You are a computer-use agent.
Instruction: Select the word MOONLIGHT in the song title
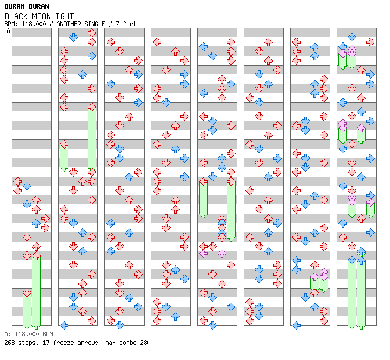click(x=52, y=16)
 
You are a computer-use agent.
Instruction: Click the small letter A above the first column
click(x=9, y=31)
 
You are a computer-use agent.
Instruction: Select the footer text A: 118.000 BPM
click(x=28, y=334)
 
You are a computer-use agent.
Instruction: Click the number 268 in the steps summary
click(x=10, y=343)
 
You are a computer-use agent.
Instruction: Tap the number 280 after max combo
click(x=145, y=343)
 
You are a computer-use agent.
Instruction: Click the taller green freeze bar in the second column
click(x=92, y=138)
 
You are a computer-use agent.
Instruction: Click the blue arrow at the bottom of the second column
click(x=64, y=325)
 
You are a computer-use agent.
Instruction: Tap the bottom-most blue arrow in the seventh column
click(x=296, y=325)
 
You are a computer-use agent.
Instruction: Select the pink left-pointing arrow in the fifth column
click(x=203, y=253)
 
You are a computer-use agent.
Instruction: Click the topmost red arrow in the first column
click(x=17, y=181)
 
